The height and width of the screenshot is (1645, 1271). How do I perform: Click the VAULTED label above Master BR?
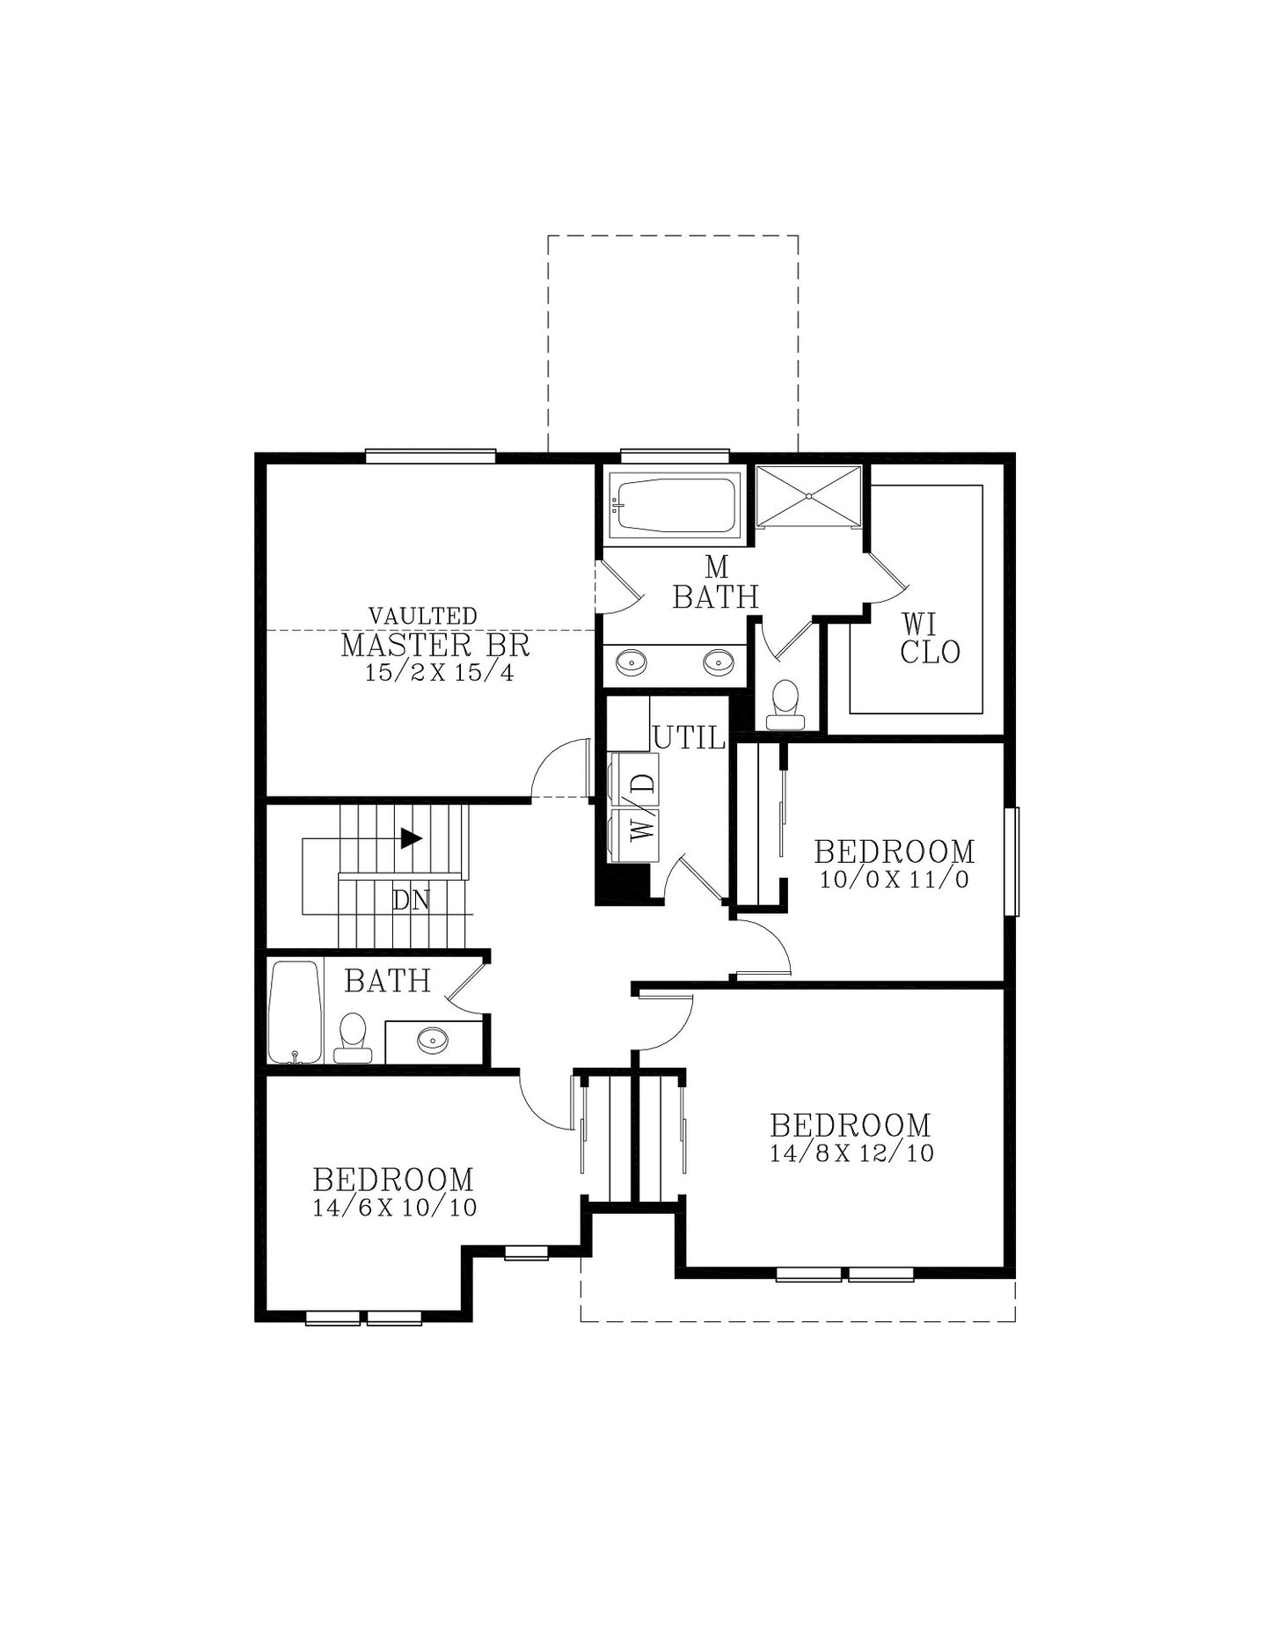click(x=422, y=616)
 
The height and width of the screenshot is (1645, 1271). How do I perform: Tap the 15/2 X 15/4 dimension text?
click(x=439, y=674)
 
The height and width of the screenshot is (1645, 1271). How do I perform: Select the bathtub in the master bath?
click(x=676, y=504)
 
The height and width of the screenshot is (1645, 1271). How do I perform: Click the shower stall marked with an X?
click(x=808, y=496)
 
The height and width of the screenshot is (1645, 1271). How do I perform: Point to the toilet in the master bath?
click(x=785, y=706)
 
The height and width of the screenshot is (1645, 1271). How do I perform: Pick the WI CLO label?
click(x=930, y=639)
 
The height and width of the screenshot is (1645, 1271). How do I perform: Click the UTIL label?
click(x=690, y=738)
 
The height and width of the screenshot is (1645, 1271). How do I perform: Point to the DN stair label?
click(x=411, y=901)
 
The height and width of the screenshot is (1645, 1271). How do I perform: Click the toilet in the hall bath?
click(x=353, y=1038)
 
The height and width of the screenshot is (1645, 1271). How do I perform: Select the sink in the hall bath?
click(x=433, y=1041)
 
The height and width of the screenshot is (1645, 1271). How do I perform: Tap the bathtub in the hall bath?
click(x=295, y=1012)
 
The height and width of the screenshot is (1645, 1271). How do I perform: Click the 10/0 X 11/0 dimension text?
click(x=895, y=880)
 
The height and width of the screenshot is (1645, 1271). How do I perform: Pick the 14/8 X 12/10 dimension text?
click(x=852, y=1153)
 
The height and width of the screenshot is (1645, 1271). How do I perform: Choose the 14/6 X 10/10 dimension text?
click(x=395, y=1207)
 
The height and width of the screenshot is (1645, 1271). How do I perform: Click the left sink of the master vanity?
click(x=631, y=661)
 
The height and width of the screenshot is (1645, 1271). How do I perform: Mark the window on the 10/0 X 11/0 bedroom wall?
click(x=1012, y=862)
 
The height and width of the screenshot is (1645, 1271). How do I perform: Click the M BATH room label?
click(x=716, y=582)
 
